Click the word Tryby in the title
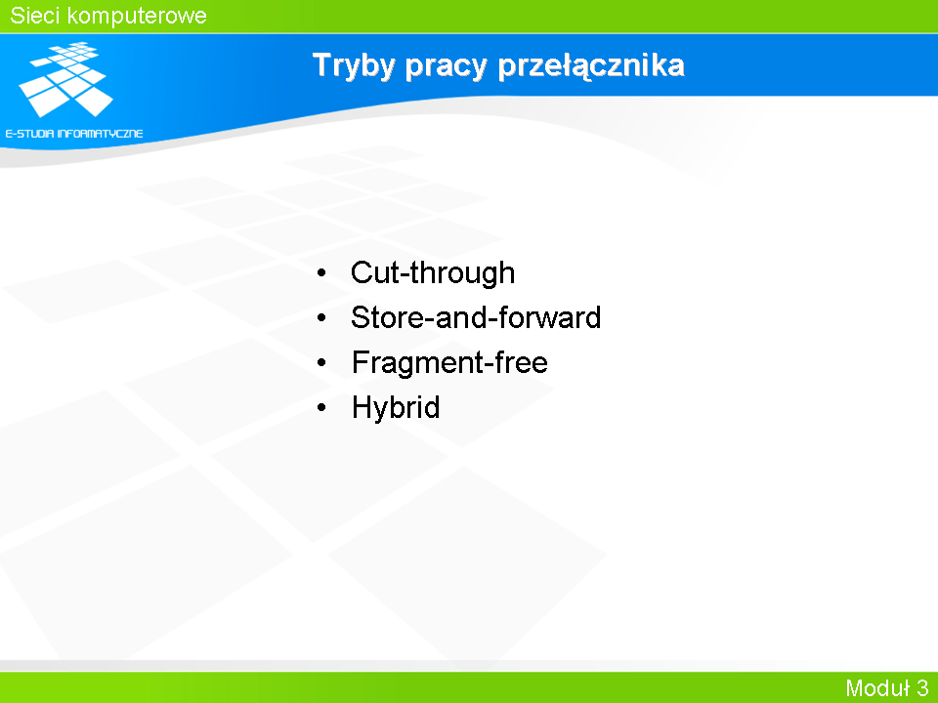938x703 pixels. tap(354, 65)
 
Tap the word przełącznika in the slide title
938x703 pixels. tap(591, 65)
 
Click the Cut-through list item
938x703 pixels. tap(433, 273)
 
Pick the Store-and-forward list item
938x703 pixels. tap(476, 316)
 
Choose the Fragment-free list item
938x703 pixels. tap(449, 362)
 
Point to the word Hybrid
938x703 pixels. tap(396, 408)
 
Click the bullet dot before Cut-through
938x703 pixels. tap(321, 273)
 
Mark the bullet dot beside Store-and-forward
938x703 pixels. tap(321, 318)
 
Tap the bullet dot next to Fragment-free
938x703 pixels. tap(321, 363)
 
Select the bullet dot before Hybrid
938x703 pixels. tap(321, 408)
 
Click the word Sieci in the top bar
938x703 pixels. tap(33, 16)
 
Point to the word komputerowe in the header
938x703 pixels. tap(137, 17)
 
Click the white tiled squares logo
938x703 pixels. tap(66, 79)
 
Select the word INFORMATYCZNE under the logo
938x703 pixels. tap(100, 134)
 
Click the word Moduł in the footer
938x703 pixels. tap(877, 687)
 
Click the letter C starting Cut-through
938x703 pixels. tap(362, 272)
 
